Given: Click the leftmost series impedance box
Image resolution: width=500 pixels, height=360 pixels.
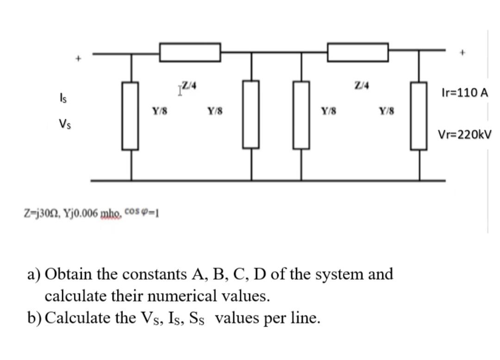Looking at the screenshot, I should [190, 52].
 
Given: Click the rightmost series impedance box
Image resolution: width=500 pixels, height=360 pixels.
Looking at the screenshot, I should [357, 52].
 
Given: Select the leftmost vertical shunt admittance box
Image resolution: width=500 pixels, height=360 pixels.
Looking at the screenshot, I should [130, 116].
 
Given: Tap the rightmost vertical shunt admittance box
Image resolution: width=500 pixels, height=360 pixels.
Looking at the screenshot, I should [419, 116].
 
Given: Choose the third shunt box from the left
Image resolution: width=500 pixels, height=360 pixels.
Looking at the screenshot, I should [301, 115].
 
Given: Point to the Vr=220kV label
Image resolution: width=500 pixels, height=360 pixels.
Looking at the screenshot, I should [465, 135].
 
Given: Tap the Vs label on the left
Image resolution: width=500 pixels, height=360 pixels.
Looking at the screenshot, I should [65, 124].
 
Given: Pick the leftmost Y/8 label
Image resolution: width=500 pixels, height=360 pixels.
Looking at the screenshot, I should [160, 111].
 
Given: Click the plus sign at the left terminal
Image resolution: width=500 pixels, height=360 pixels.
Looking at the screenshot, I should [79, 59].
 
